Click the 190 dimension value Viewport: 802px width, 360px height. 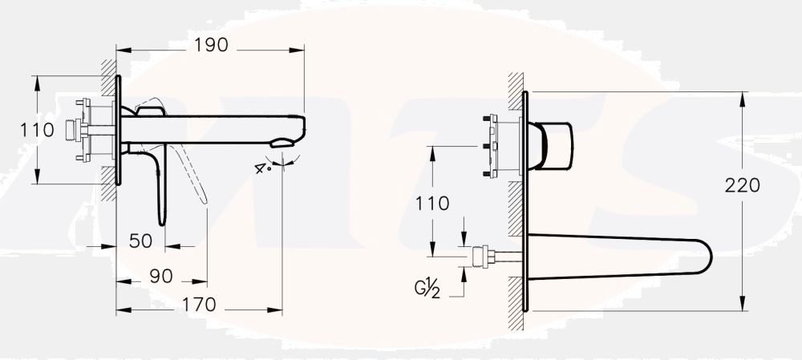(210, 45)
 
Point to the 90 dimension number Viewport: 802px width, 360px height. (161, 276)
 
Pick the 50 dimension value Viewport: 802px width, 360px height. (141, 241)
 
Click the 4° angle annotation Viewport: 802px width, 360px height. (261, 168)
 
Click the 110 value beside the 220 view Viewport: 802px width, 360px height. (432, 203)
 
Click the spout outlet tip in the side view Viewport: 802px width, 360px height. (285, 144)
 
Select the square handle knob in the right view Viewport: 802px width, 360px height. (555, 146)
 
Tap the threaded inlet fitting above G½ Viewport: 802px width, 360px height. (482, 257)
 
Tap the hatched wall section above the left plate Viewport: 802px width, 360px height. (107, 67)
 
